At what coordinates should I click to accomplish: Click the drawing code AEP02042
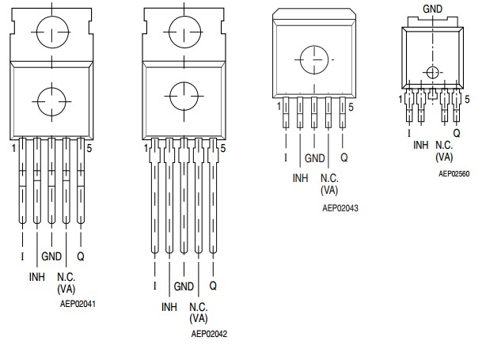pos(210,334)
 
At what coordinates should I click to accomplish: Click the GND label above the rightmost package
pos(432,9)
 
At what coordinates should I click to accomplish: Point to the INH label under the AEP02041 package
pos(37,277)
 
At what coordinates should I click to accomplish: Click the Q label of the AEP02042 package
pos(213,285)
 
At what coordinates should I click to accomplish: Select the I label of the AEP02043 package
pos(285,158)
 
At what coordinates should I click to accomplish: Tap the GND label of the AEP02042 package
pos(184,286)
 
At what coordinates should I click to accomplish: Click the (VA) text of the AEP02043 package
pos(329,190)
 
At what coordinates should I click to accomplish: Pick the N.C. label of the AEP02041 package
pos(66,277)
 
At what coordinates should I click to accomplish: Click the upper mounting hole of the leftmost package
pos(51,34)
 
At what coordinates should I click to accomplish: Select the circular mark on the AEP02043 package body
pos(314,60)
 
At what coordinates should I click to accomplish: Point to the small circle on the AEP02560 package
pos(431,73)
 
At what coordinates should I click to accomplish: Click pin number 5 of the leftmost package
pos(88,147)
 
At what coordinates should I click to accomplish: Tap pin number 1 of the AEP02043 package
pos(279,105)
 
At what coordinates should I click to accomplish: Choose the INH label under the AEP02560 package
pos(420,145)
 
